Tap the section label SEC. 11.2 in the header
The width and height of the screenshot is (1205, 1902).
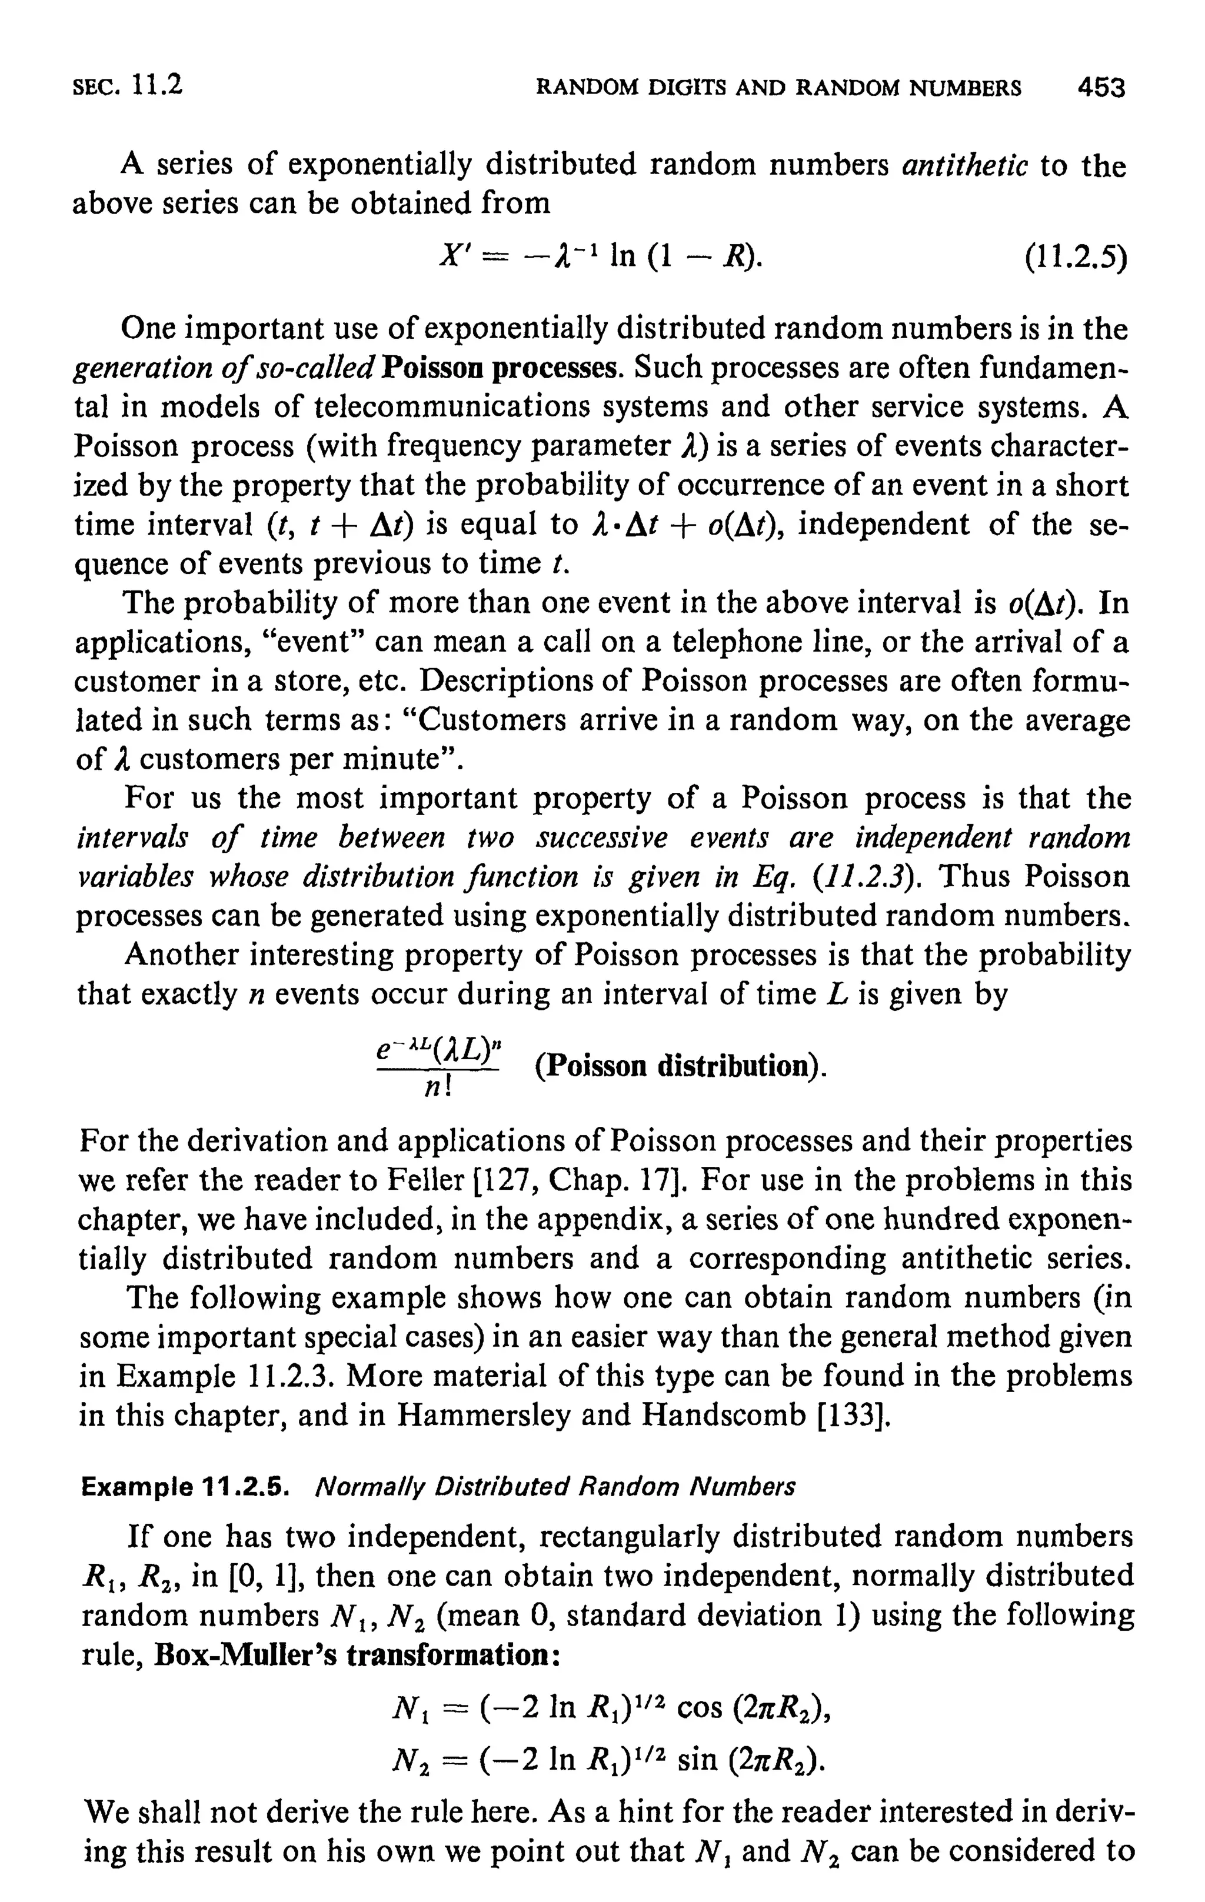[127, 85]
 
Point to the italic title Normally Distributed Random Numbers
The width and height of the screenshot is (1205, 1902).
[555, 1487]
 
